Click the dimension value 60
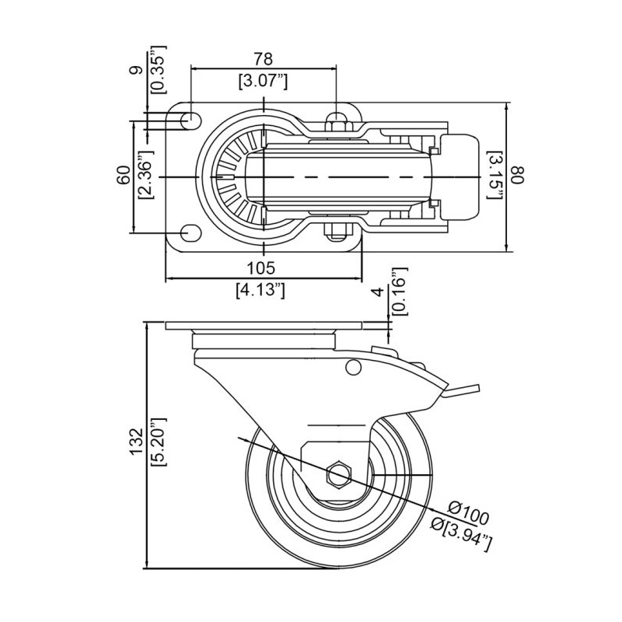coord(123,176)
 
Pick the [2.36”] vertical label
coord(145,176)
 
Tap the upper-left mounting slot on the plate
coord(189,121)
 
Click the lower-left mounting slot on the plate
coord(189,232)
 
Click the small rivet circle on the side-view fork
coord(353,367)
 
